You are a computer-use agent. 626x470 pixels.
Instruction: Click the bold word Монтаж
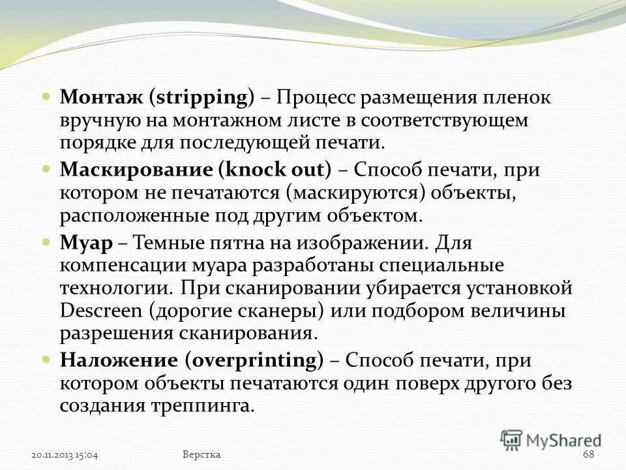tap(101, 98)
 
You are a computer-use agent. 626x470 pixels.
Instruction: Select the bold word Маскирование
tap(137, 170)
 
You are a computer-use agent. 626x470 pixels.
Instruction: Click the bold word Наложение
tap(119, 360)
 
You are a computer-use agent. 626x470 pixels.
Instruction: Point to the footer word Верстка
tap(202, 454)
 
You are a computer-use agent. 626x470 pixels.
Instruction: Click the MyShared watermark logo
tap(551, 440)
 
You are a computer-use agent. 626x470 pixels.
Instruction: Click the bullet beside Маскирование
tap(46, 168)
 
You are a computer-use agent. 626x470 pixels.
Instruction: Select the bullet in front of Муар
tap(46, 240)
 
